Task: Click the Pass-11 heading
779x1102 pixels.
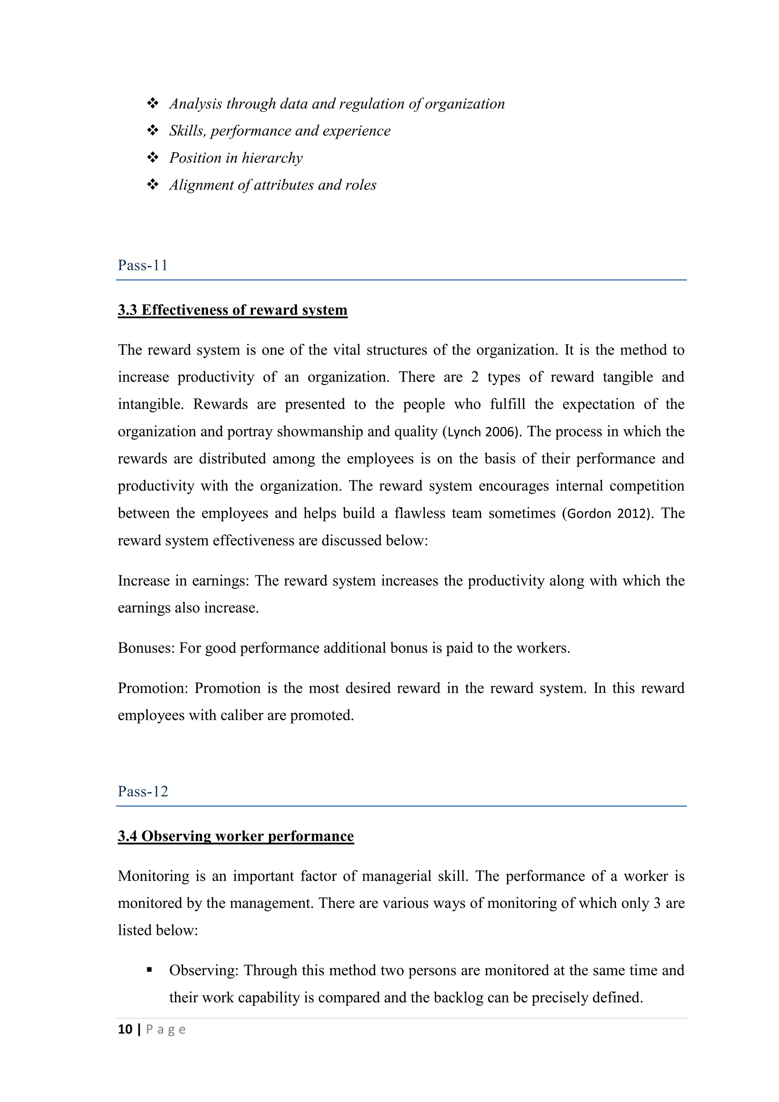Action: pyautogui.click(x=143, y=266)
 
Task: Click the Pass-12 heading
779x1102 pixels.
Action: pyautogui.click(x=143, y=791)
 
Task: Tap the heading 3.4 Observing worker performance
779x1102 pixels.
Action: pyautogui.click(x=235, y=836)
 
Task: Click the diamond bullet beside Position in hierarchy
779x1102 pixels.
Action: pyautogui.click(x=153, y=158)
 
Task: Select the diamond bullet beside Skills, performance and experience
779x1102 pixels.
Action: pyautogui.click(x=153, y=131)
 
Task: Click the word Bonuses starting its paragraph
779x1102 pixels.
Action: pyautogui.click(x=145, y=648)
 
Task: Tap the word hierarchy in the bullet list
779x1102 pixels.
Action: pyautogui.click(x=272, y=158)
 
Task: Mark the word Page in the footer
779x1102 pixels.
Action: pyautogui.click(x=165, y=1030)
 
